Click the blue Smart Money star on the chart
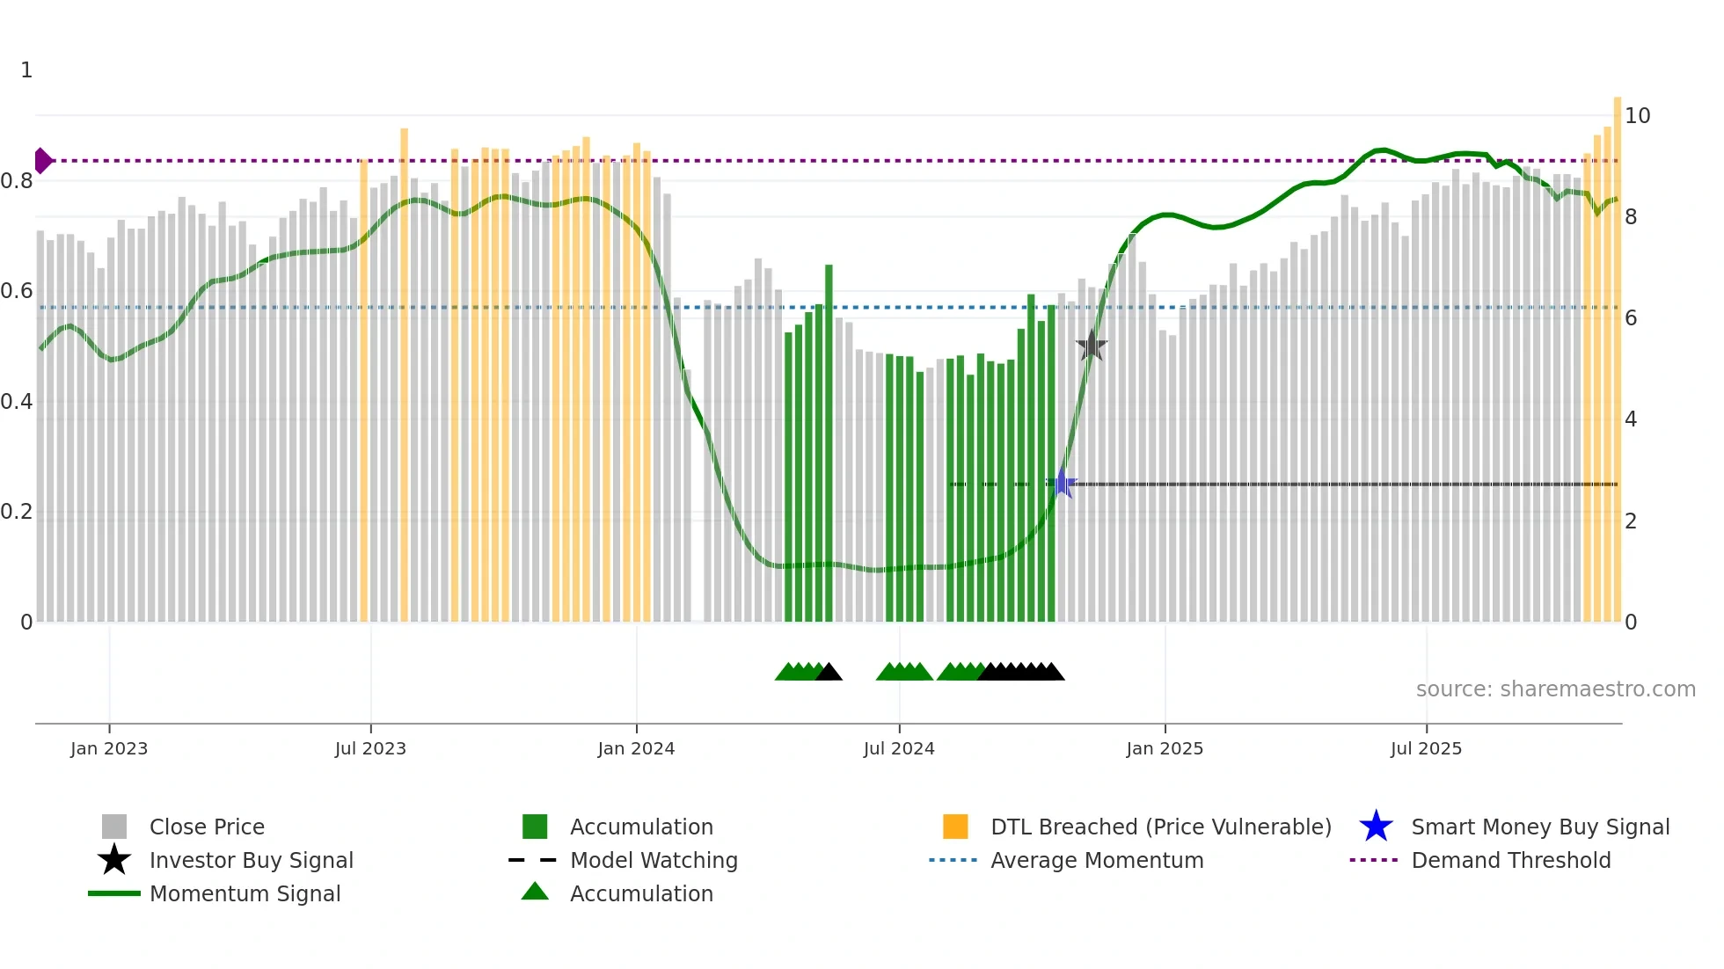click(x=1062, y=484)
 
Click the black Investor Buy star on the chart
click(x=1092, y=346)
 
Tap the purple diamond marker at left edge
click(x=42, y=161)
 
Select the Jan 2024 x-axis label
click(x=636, y=748)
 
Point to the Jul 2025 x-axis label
click(x=1426, y=748)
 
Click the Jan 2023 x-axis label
click(x=109, y=748)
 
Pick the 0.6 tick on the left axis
click(x=17, y=291)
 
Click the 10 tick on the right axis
click(x=1637, y=116)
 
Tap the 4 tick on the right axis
click(x=1631, y=419)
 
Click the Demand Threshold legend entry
click(x=1510, y=860)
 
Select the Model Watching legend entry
click(x=654, y=860)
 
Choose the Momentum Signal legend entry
click(x=245, y=893)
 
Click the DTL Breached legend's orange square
click(x=955, y=827)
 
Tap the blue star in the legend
click(x=1376, y=827)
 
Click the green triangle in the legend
click(x=535, y=892)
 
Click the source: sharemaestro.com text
click(x=1555, y=689)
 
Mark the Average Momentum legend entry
click(x=1096, y=860)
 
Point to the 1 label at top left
click(x=26, y=70)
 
